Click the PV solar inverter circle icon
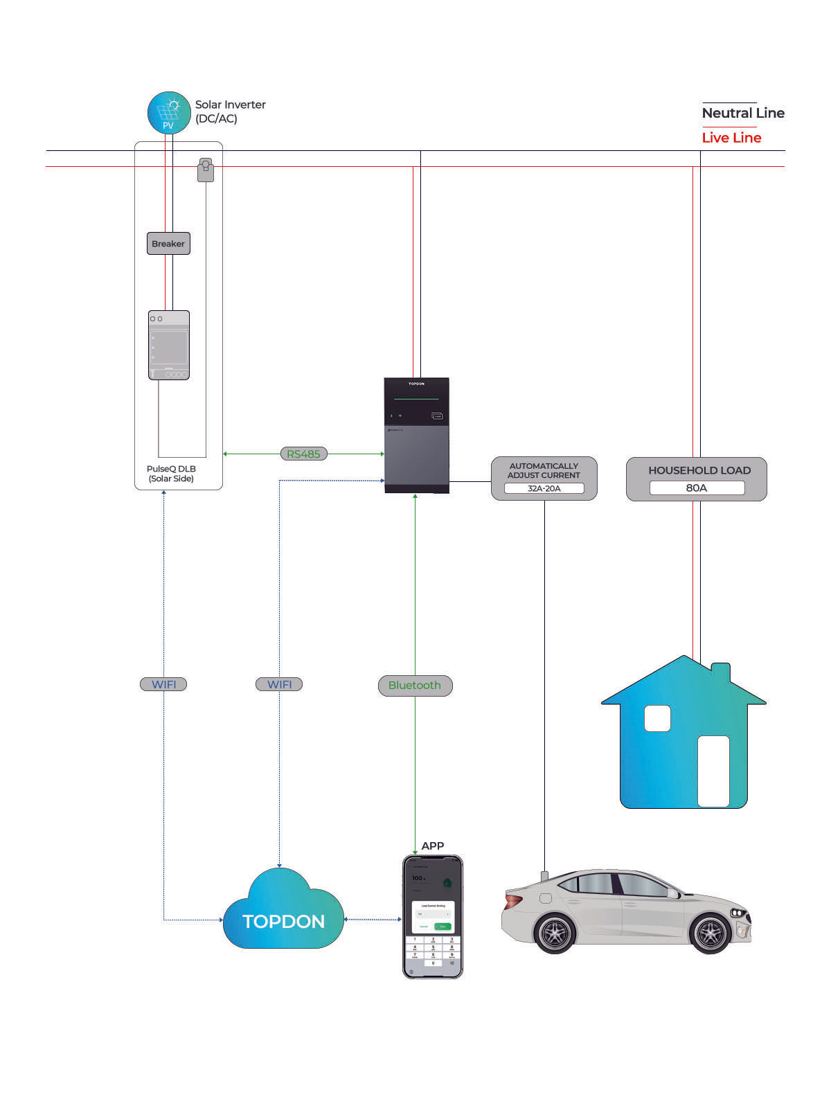tap(169, 113)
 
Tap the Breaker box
tap(168, 244)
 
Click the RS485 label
tap(303, 454)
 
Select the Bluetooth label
tap(415, 686)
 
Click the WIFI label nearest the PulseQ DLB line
tap(163, 684)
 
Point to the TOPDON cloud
tap(283, 913)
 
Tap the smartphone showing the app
tap(433, 916)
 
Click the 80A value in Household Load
tap(697, 488)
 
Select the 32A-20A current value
tap(544, 489)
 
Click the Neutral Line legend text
tap(743, 114)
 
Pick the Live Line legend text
tap(731, 138)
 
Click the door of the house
tap(713, 771)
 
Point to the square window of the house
tap(657, 719)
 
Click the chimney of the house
tap(721, 672)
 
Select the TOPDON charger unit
tap(417, 435)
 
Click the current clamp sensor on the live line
tap(206, 170)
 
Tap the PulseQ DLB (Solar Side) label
tap(171, 474)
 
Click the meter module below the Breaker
tap(169, 345)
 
